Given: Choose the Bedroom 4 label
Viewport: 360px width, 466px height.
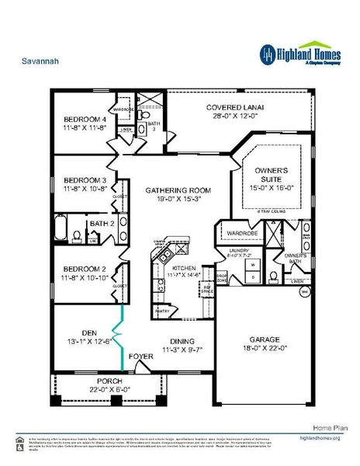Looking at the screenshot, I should pyautogui.click(x=85, y=120).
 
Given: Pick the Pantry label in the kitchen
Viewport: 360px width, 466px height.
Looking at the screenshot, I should pyautogui.click(x=162, y=311).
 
